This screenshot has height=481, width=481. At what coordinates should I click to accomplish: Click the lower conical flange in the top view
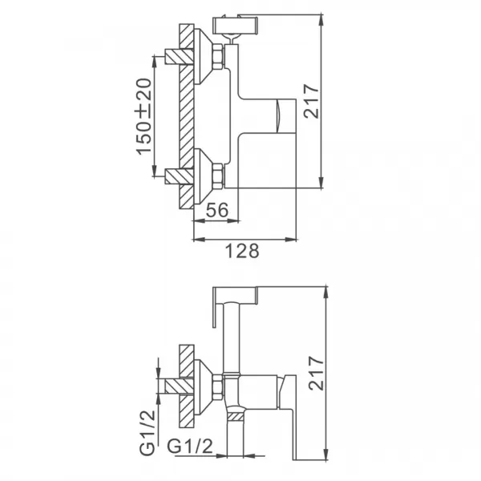[x=204, y=172]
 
